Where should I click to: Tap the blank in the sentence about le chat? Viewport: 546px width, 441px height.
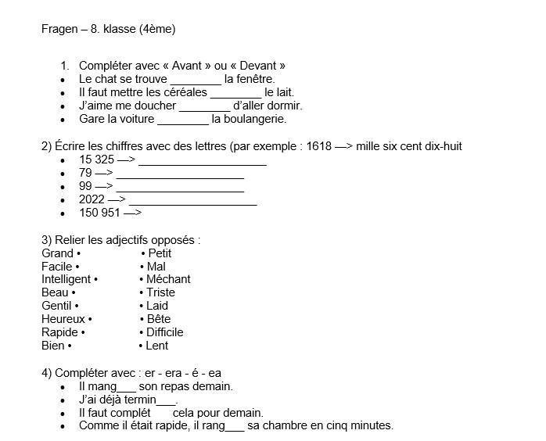click(x=196, y=80)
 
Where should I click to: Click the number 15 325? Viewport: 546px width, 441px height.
click(x=96, y=160)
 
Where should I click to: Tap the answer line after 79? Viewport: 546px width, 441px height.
click(x=180, y=174)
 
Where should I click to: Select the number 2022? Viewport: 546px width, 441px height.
click(x=92, y=199)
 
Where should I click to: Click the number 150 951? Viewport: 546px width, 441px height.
click(x=99, y=213)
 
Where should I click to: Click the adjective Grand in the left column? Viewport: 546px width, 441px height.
click(x=57, y=253)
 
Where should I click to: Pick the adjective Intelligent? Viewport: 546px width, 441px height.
click(x=66, y=279)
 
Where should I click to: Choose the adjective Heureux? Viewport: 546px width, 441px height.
click(x=63, y=319)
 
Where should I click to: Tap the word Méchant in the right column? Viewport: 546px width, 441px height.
click(x=168, y=279)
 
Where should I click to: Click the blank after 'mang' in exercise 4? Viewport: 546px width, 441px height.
click(x=125, y=387)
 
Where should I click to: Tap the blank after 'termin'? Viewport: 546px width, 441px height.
click(x=167, y=400)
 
